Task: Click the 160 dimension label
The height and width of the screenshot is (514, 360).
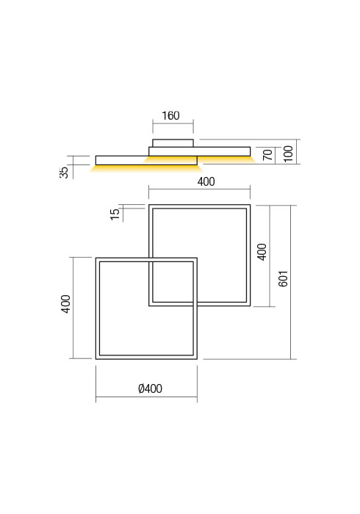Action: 170,116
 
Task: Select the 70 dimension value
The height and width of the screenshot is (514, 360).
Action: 267,154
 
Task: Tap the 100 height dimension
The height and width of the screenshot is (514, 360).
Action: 288,153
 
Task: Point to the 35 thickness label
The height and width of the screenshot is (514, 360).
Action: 65,171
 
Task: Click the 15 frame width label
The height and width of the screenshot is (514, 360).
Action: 114,214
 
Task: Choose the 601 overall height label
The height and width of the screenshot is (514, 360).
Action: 284,278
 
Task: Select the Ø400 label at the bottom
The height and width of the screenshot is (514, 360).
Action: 150,389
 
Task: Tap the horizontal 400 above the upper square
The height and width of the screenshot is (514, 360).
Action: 206,182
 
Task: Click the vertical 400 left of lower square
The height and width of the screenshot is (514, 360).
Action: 65,304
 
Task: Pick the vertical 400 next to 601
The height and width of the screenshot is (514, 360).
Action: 262,252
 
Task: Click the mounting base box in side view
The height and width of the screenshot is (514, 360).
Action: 173,143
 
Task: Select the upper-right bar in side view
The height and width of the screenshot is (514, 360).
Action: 220,151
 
